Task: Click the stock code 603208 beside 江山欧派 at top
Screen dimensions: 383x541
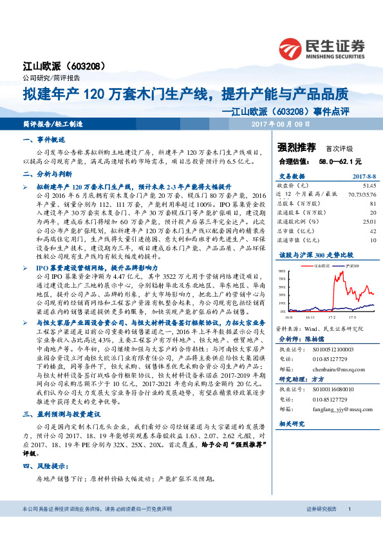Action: (83, 66)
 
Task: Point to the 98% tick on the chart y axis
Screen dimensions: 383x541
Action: (283, 272)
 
